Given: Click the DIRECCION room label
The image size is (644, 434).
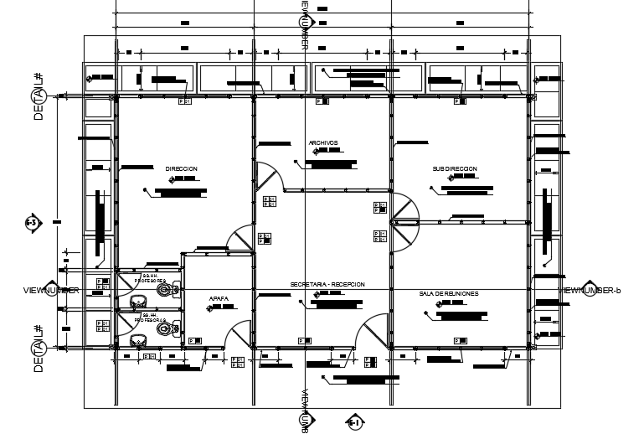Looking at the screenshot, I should tap(181, 168).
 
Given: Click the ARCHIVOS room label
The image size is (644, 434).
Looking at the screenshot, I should tap(322, 142).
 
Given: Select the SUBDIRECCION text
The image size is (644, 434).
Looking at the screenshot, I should tap(455, 168).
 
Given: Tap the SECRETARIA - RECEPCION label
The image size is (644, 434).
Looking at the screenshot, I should tap(327, 285).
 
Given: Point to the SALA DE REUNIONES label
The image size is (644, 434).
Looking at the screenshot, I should tap(449, 294).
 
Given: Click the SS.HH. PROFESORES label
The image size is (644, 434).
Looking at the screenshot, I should tap(150, 277).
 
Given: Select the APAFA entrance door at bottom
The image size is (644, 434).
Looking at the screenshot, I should tap(239, 335).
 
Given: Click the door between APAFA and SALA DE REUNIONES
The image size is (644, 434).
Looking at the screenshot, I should tap(374, 331).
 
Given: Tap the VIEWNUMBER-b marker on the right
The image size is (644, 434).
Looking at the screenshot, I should tap(569, 289).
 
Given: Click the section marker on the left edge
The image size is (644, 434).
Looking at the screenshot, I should tap(31, 223).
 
